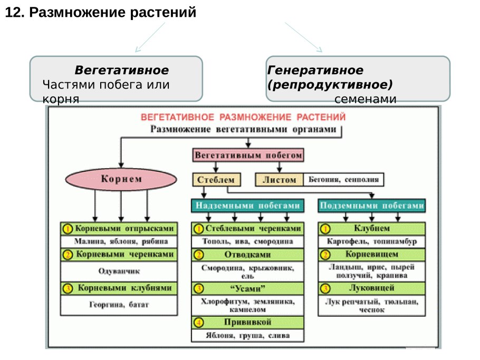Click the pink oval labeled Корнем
121,179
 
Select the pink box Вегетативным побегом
248,156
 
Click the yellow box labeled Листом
280,179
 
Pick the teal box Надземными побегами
248,206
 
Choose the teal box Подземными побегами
372,206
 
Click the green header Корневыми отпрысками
119,229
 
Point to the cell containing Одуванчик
119,272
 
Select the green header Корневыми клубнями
119,289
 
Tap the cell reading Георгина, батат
119,305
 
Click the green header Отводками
248,255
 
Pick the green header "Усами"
248,288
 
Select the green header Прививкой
248,322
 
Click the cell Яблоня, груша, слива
248,335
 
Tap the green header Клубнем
372,229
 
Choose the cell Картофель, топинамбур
372,242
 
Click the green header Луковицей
372,288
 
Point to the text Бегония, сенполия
343,179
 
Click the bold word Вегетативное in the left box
121,71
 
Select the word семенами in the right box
365,99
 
